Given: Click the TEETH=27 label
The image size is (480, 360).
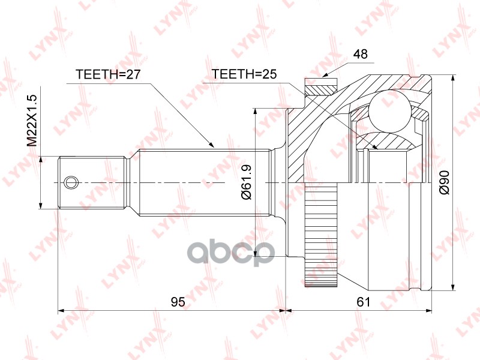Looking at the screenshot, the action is [108, 74].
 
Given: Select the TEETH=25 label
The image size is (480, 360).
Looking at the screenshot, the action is [244, 74].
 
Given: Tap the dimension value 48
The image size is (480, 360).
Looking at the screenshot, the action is [360, 54].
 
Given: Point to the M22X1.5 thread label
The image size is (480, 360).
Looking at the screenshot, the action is [32, 121].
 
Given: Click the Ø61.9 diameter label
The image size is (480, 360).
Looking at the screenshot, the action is [247, 182].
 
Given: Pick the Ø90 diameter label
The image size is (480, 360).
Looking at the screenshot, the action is [444, 182].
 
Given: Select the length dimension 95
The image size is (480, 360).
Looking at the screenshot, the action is [178, 302].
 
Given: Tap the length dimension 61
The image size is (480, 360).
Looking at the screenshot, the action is [364, 302].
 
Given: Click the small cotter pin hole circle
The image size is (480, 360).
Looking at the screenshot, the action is [71, 183].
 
